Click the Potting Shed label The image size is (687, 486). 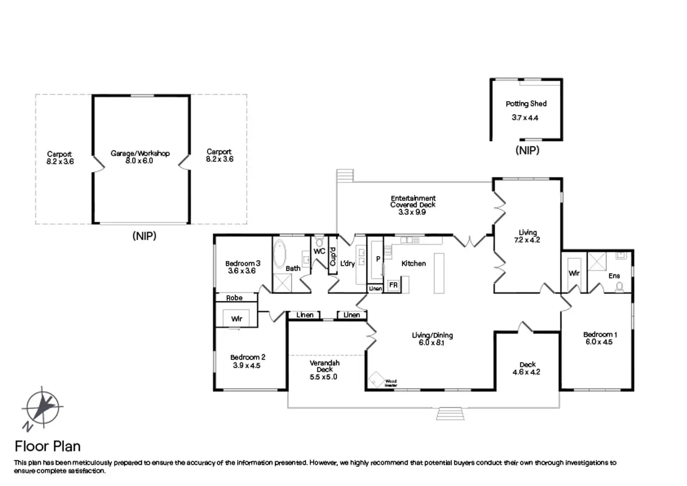[x=526, y=104]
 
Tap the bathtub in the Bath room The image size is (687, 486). [x=280, y=254]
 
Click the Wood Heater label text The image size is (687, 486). [x=391, y=383]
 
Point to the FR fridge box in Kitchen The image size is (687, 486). [x=393, y=285]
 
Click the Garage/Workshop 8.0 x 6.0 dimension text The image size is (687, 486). [x=139, y=161]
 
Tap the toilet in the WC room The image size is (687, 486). [x=319, y=242]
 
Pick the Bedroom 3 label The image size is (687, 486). [x=243, y=264]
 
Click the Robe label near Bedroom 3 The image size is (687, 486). [x=234, y=298]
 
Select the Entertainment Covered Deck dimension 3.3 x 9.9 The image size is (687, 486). [x=412, y=212]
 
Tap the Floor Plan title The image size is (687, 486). [x=48, y=446]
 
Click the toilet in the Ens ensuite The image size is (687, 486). [x=619, y=287]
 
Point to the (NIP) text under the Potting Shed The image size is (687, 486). [x=527, y=150]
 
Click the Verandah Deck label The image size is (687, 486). [x=324, y=366]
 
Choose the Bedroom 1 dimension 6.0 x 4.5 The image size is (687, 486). [x=599, y=342]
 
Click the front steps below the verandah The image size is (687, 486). [x=450, y=414]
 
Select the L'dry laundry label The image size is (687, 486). [x=348, y=264]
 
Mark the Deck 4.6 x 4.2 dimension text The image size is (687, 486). [x=526, y=372]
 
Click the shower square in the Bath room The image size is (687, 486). [x=282, y=283]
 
